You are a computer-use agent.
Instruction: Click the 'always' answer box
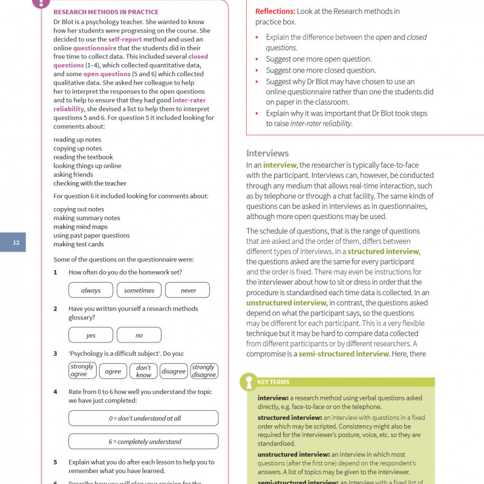(91, 290)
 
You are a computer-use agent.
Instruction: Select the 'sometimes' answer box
(139, 290)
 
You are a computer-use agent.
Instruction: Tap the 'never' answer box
(188, 290)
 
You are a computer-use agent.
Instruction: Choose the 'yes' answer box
(91, 335)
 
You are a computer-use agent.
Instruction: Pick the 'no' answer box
(139, 335)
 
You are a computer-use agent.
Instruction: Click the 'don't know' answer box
(143, 371)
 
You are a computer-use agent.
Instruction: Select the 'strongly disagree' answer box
(204, 371)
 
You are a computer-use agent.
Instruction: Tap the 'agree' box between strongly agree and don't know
(113, 371)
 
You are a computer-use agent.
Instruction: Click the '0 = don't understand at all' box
(143, 418)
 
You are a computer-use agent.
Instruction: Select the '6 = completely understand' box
(143, 442)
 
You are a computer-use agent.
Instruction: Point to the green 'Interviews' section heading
(267, 153)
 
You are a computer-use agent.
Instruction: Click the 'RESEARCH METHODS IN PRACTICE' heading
(106, 12)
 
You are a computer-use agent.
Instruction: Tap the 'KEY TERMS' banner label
(273, 382)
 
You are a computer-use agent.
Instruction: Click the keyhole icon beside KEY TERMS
(247, 382)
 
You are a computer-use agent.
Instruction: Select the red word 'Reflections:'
(275, 11)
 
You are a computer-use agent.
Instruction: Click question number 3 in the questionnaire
(55, 353)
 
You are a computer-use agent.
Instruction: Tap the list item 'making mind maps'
(80, 227)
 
